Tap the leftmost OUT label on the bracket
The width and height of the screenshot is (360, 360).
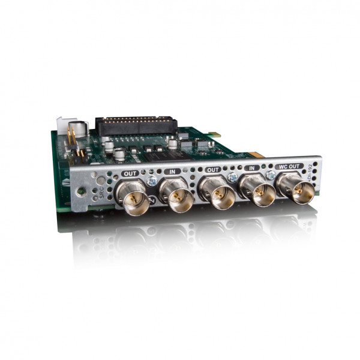[x=130, y=173]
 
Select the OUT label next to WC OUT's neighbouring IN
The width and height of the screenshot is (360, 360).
[x=212, y=170]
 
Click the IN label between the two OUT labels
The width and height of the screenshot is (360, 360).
[x=173, y=171]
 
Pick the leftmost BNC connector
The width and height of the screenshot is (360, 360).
[x=133, y=196]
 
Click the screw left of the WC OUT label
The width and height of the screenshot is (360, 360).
[x=271, y=175]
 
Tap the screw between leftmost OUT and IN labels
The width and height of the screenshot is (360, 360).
[x=152, y=180]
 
